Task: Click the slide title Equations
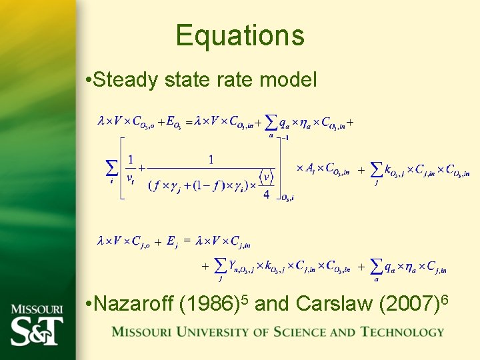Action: click(x=240, y=35)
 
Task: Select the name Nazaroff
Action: click(x=134, y=304)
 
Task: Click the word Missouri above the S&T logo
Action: click(x=37, y=309)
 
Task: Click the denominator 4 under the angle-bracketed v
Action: click(x=267, y=194)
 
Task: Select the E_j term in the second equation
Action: click(x=171, y=241)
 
